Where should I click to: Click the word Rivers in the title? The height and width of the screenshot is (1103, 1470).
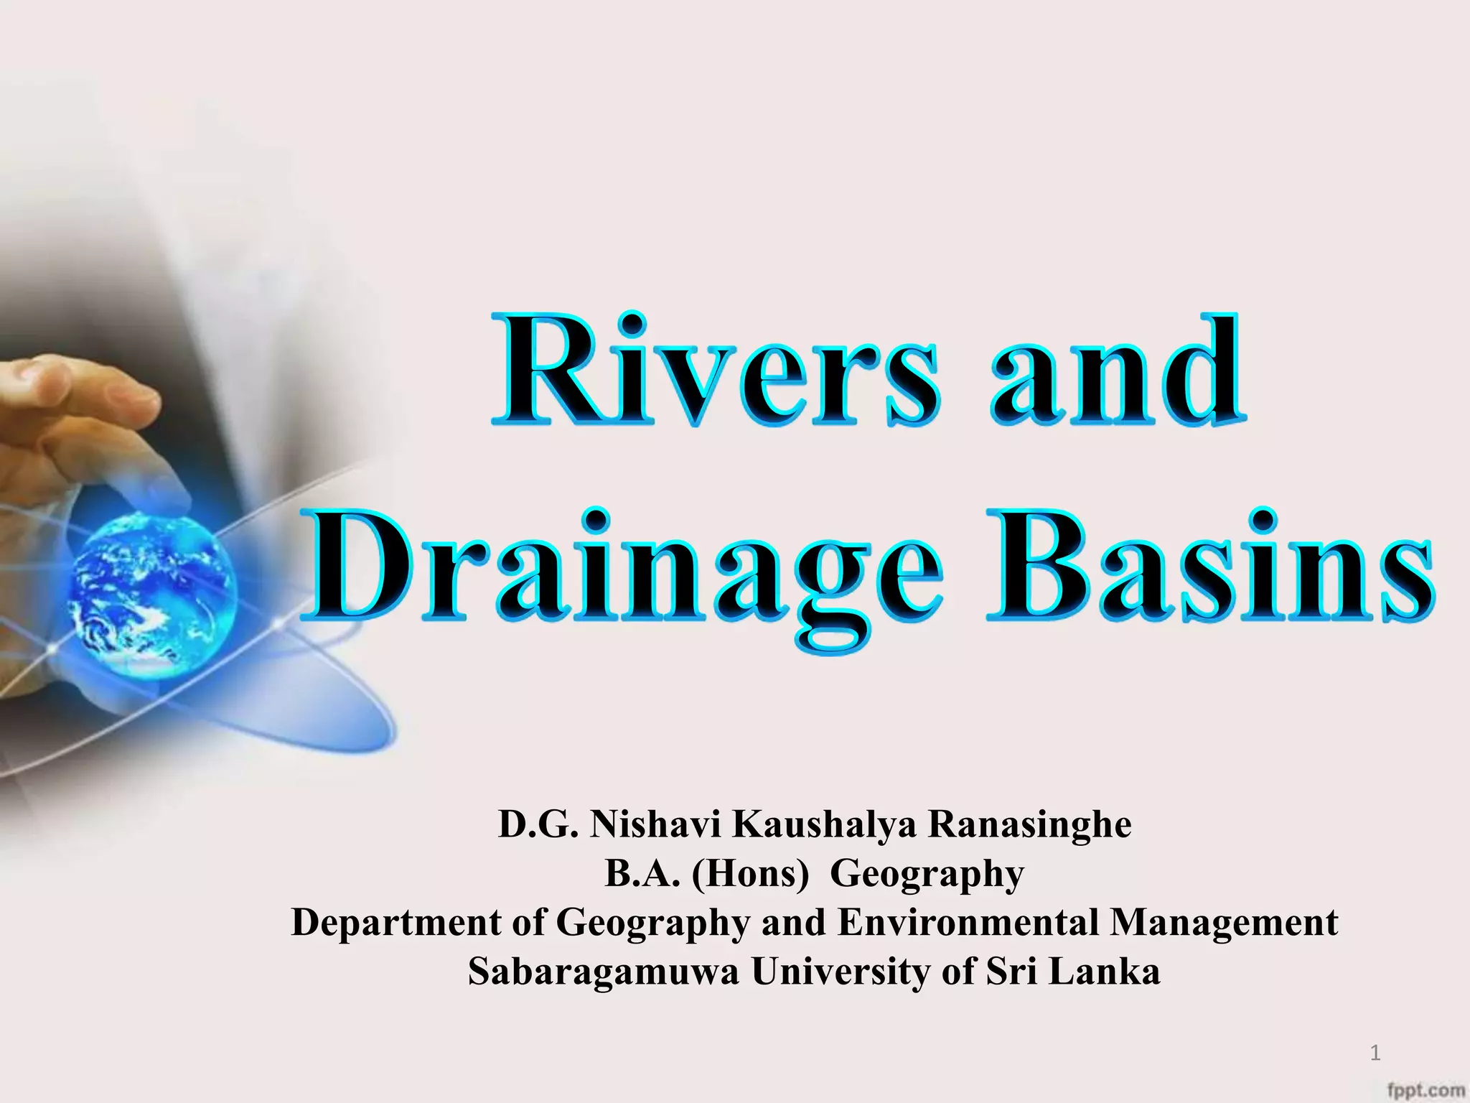coord(715,370)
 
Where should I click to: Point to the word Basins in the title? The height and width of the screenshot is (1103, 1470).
coord(1210,567)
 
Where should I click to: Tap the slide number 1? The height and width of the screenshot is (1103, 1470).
coord(1375,1053)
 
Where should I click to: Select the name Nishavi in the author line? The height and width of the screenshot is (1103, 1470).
coord(655,824)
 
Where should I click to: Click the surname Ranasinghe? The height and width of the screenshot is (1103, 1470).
coord(1030,824)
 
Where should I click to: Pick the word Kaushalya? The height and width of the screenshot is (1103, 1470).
coord(824,824)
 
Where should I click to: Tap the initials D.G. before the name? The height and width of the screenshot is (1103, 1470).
coord(538,824)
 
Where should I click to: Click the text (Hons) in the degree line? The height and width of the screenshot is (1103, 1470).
coord(750,874)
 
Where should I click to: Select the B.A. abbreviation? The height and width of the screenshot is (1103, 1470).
coord(642,874)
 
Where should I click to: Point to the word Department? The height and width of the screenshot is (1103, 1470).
coord(397,923)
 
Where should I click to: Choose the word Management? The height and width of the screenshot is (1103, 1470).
coord(1224,923)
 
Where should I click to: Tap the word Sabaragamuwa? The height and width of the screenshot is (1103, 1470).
coord(604,972)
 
